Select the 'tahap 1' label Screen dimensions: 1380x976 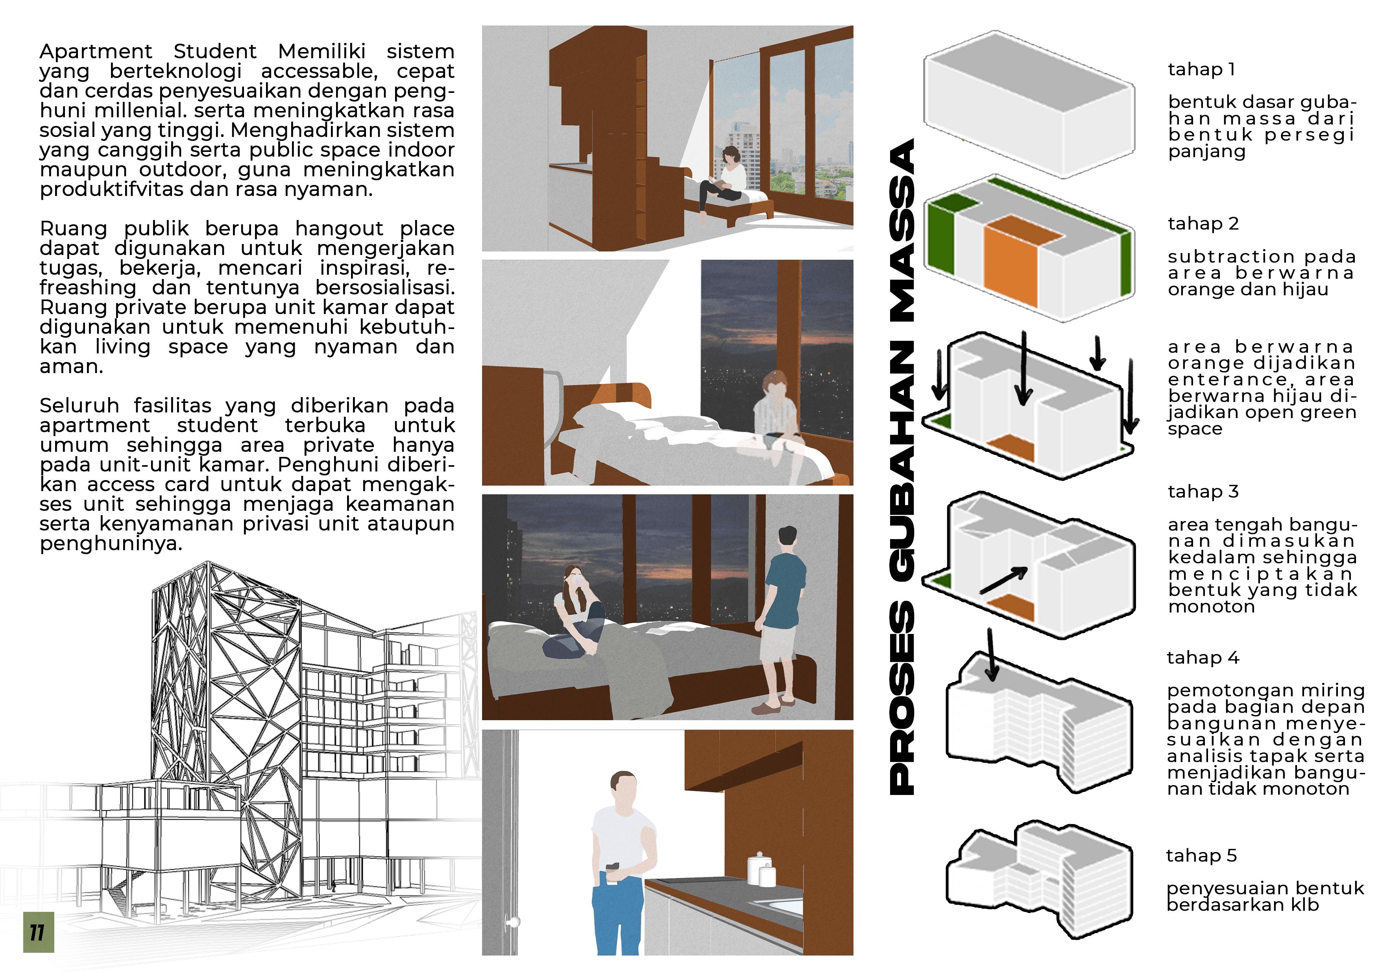tap(1201, 70)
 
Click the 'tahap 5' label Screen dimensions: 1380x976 tap(1201, 856)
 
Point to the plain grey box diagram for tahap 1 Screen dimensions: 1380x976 tap(1029, 104)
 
